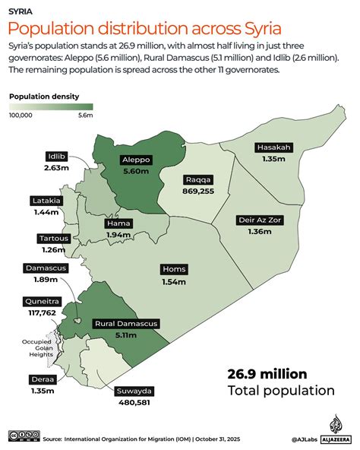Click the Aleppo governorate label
pyautogui.click(x=138, y=160)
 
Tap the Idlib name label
pyautogui.click(x=56, y=157)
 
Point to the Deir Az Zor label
pyautogui.click(x=259, y=220)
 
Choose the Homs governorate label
pyautogui.click(x=173, y=270)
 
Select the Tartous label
pyautogui.click(x=55, y=239)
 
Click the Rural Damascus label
pyautogui.click(x=126, y=324)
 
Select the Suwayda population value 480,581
pyautogui.click(x=134, y=403)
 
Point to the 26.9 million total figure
pyautogui.click(x=267, y=373)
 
